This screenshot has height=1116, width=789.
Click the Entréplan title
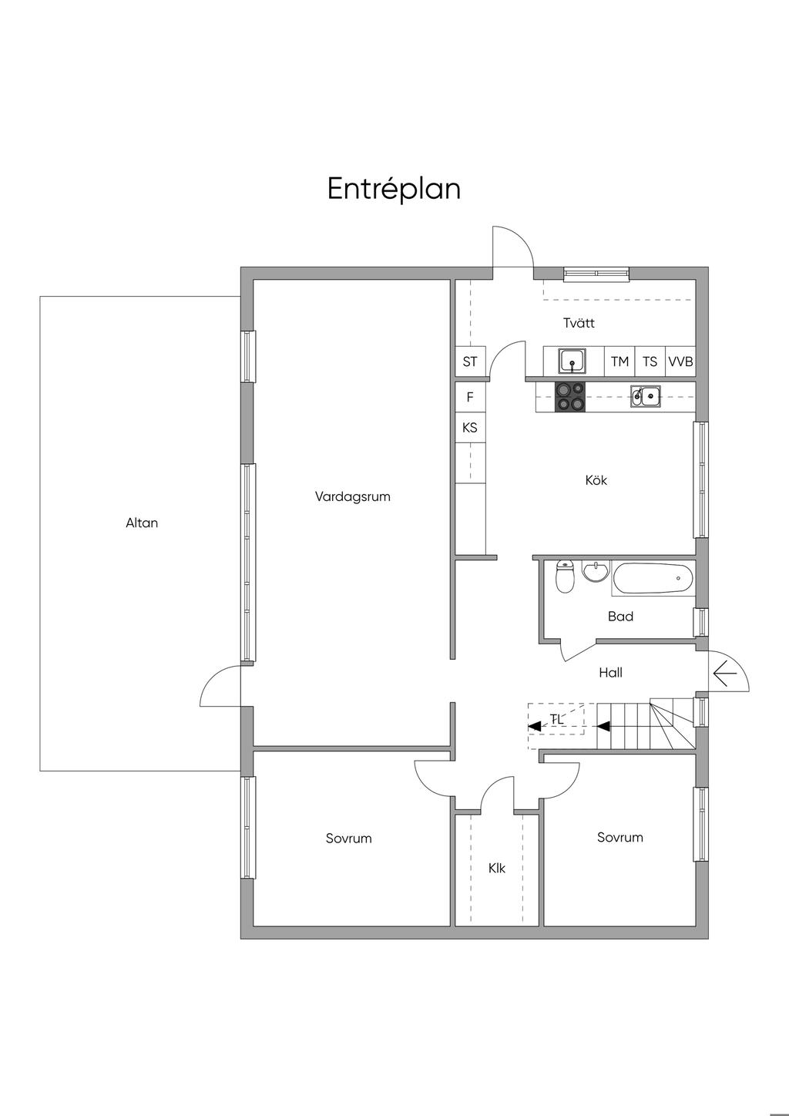tap(394, 190)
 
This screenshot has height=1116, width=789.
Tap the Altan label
tap(142, 523)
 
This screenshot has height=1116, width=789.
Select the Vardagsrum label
tap(353, 496)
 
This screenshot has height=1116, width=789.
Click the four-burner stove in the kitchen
tap(570, 397)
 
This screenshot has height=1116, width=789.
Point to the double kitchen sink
tap(646, 396)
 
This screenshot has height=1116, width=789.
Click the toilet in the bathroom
tap(565, 576)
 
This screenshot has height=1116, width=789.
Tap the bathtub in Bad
tap(653, 578)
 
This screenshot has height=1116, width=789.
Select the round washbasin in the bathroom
tap(596, 571)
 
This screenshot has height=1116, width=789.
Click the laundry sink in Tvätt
tap(572, 361)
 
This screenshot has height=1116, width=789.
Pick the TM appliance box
tap(619, 361)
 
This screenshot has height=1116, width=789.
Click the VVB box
tap(680, 361)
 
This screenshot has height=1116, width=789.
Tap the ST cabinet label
tap(470, 361)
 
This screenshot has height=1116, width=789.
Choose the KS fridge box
tap(470, 428)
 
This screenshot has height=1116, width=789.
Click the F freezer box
tap(470, 397)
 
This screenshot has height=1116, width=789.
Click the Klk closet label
tap(497, 869)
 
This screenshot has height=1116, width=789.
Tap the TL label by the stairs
tap(557, 719)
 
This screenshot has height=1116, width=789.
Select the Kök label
tap(596, 480)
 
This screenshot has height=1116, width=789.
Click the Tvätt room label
tap(579, 323)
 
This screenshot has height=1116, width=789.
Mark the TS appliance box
tap(650, 361)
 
